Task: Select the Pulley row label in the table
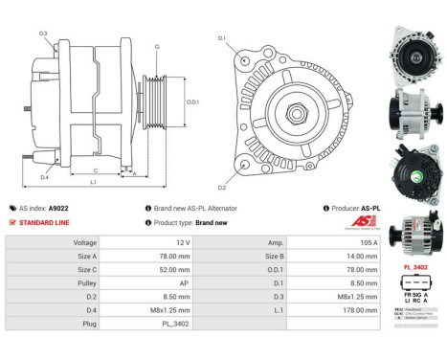pos(85,284)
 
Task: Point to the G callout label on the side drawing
pos(157,47)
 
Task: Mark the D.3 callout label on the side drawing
pos(43,34)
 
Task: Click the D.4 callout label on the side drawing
pos(45,176)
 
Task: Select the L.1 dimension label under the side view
pos(93,181)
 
